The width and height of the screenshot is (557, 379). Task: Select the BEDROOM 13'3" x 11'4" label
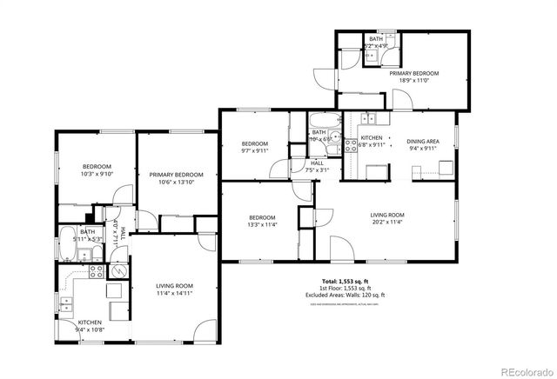point(262,221)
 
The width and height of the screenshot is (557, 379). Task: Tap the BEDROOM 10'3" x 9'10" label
point(97,170)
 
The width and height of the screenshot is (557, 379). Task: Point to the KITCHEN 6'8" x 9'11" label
point(372,143)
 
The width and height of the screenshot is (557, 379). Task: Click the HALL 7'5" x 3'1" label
point(318,166)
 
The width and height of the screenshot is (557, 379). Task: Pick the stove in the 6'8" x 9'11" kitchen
point(352,147)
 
